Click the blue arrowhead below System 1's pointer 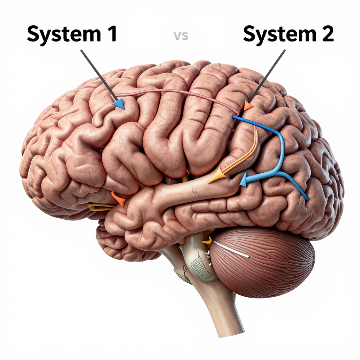(119, 104)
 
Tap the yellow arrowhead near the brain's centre (216, 176)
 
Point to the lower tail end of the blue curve (306, 198)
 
